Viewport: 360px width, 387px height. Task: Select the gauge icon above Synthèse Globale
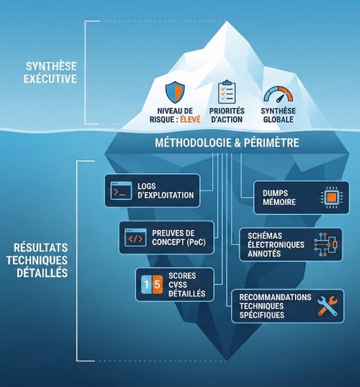(x=278, y=94)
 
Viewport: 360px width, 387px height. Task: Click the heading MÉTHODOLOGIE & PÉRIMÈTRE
(x=226, y=143)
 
